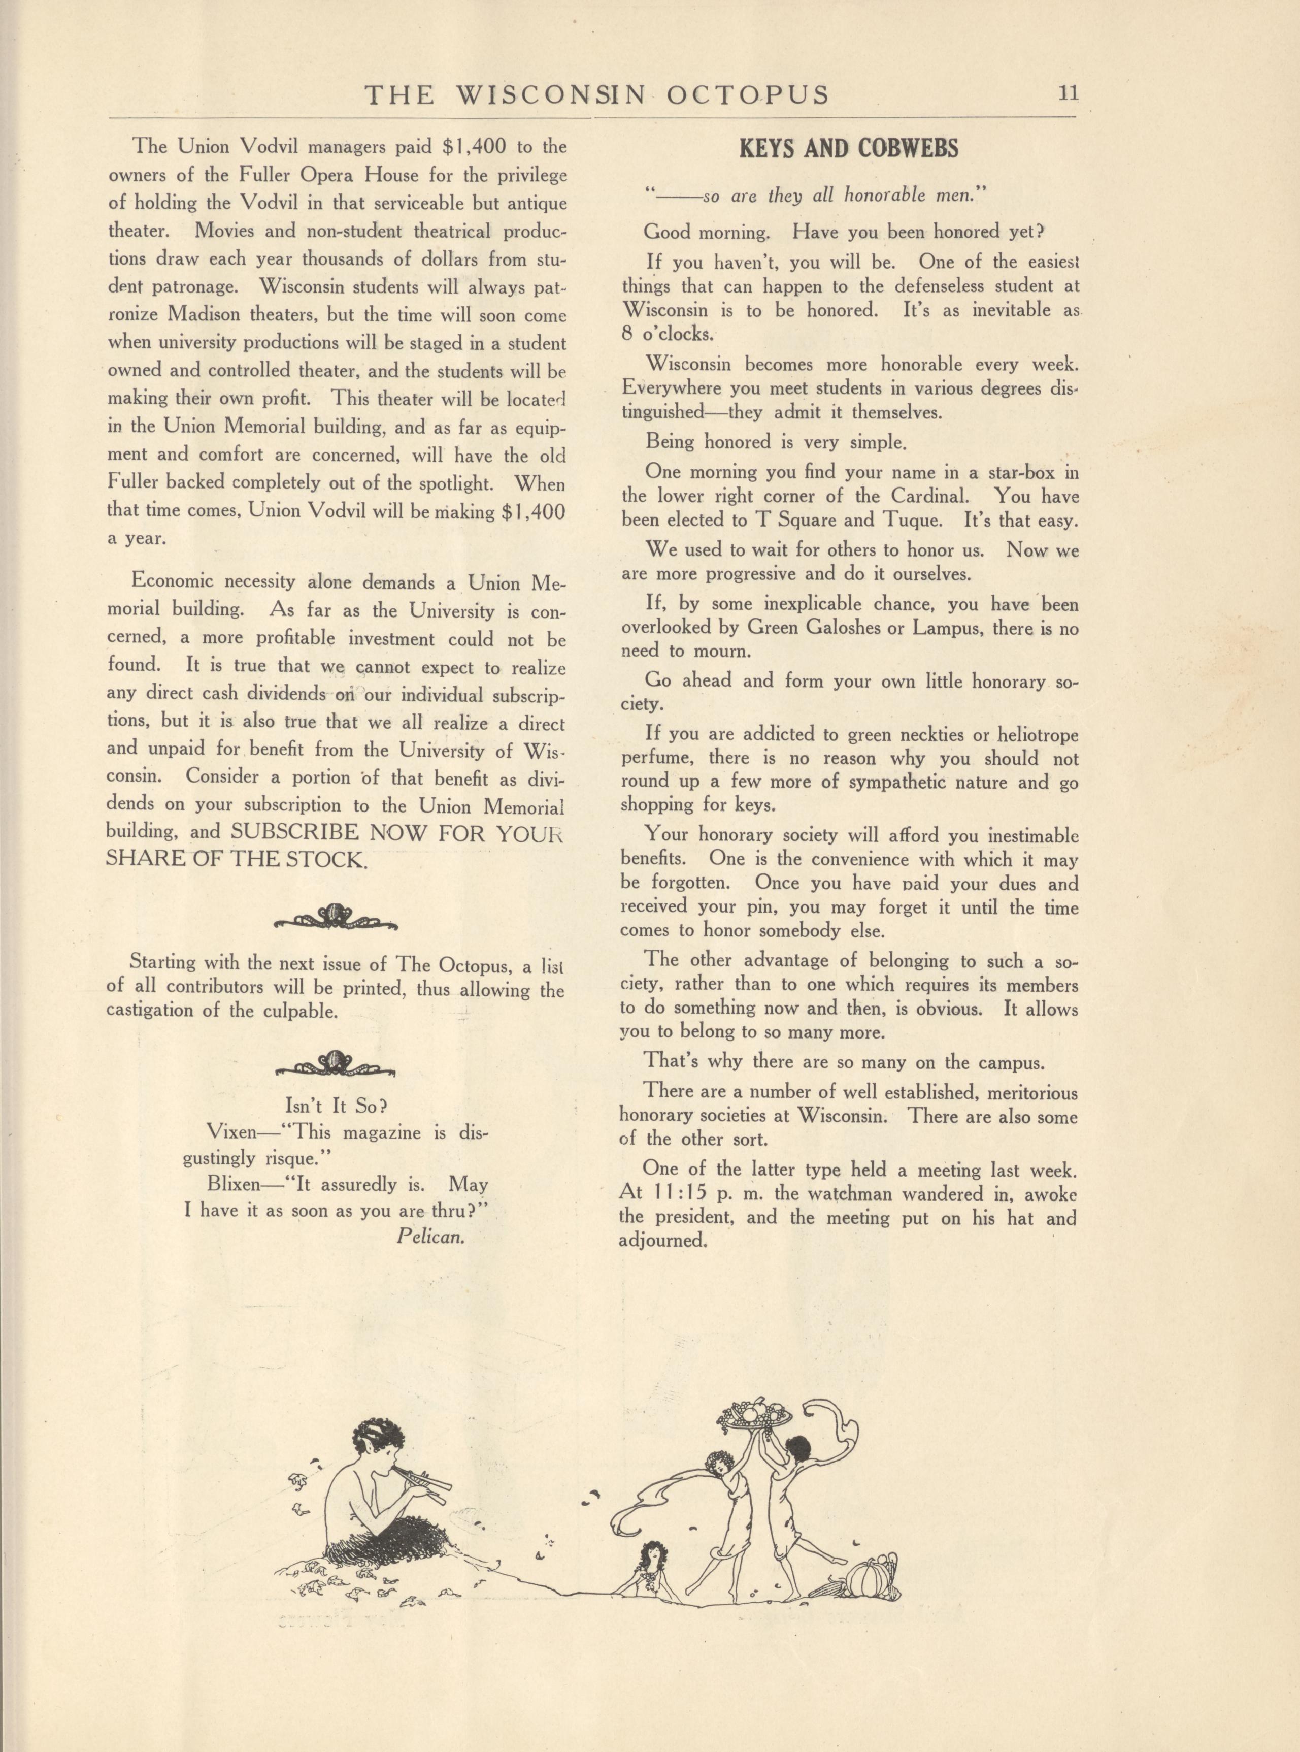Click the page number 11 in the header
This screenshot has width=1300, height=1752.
coord(1069,93)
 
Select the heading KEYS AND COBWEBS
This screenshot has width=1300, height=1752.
coord(848,149)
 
